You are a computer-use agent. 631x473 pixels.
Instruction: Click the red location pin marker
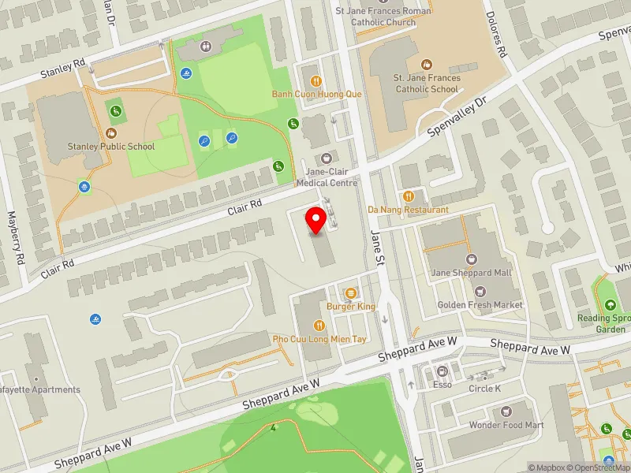click(x=317, y=220)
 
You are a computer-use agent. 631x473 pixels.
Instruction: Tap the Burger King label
click(x=351, y=306)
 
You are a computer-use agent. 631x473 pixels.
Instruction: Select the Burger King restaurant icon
click(x=351, y=292)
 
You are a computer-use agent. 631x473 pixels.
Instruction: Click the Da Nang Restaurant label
click(x=409, y=210)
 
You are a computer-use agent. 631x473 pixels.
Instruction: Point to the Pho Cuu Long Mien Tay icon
click(x=319, y=325)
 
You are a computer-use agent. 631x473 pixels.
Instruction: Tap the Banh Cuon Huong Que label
click(x=316, y=94)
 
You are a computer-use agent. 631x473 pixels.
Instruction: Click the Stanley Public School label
click(x=111, y=146)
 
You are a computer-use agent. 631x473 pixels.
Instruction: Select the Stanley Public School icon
click(x=111, y=132)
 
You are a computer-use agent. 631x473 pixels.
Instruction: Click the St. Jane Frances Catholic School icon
click(x=427, y=64)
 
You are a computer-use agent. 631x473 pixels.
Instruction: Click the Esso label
click(x=442, y=386)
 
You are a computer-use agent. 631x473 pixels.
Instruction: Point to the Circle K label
click(x=484, y=389)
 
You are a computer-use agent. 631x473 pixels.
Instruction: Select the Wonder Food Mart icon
click(x=507, y=412)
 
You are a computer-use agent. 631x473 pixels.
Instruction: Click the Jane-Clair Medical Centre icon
click(x=327, y=158)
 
